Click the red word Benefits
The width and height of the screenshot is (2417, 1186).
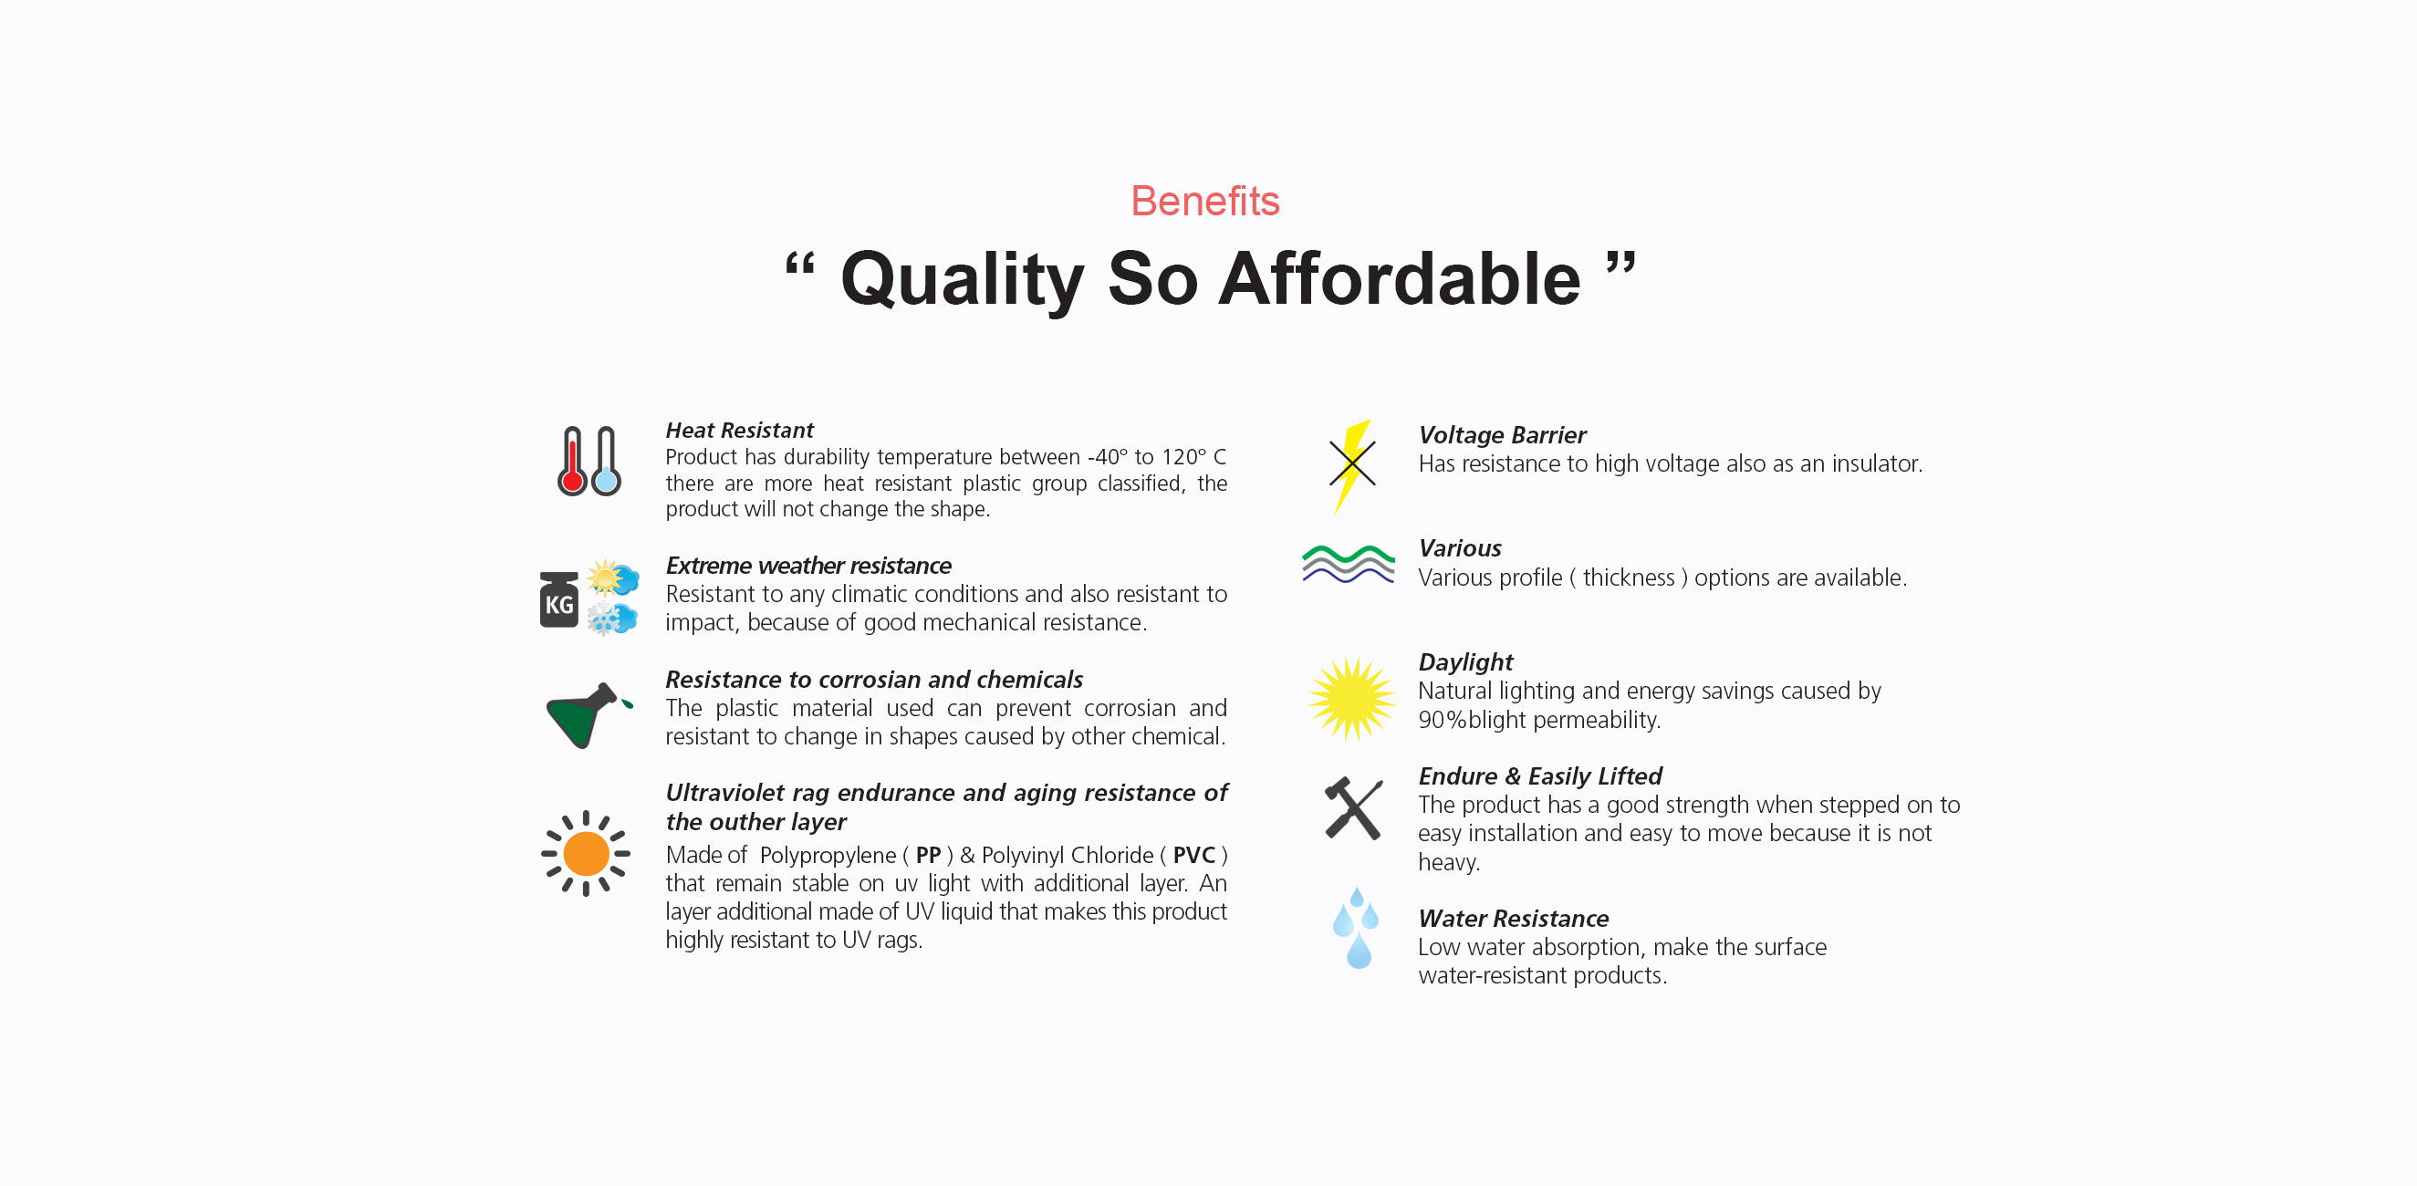[1204, 201]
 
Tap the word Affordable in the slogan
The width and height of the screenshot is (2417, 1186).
[1399, 278]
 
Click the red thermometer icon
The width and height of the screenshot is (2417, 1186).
[571, 461]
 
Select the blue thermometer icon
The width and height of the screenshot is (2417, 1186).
[606, 461]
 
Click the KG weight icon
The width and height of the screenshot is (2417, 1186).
[559, 598]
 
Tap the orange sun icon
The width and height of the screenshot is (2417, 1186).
[586, 853]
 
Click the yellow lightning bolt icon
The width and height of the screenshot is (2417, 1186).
[1352, 466]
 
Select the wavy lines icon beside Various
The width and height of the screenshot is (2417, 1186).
[1349, 564]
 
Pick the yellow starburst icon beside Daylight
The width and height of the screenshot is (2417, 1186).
[1352, 699]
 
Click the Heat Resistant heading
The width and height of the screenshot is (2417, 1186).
[739, 430]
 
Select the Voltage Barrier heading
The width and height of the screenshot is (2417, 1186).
[1502, 435]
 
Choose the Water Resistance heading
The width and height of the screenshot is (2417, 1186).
[1514, 919]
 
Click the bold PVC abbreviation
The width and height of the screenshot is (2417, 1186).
[1193, 855]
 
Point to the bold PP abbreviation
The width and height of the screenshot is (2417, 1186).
[928, 855]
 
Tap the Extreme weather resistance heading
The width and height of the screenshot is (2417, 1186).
[807, 566]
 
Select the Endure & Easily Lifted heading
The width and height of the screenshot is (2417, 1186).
[1540, 776]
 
